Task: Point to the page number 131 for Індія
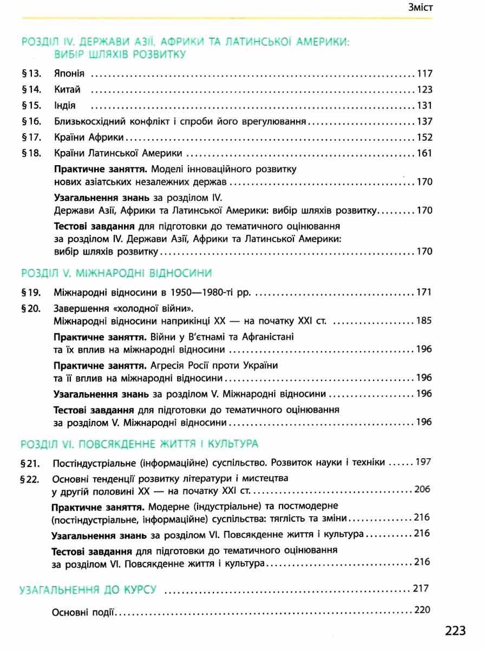[424, 106]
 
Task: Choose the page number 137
[424, 121]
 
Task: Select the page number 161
[424, 153]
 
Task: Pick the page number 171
[424, 293]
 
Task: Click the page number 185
[424, 321]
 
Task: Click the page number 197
[424, 462]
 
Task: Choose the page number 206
[421, 490]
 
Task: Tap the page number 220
[421, 610]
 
